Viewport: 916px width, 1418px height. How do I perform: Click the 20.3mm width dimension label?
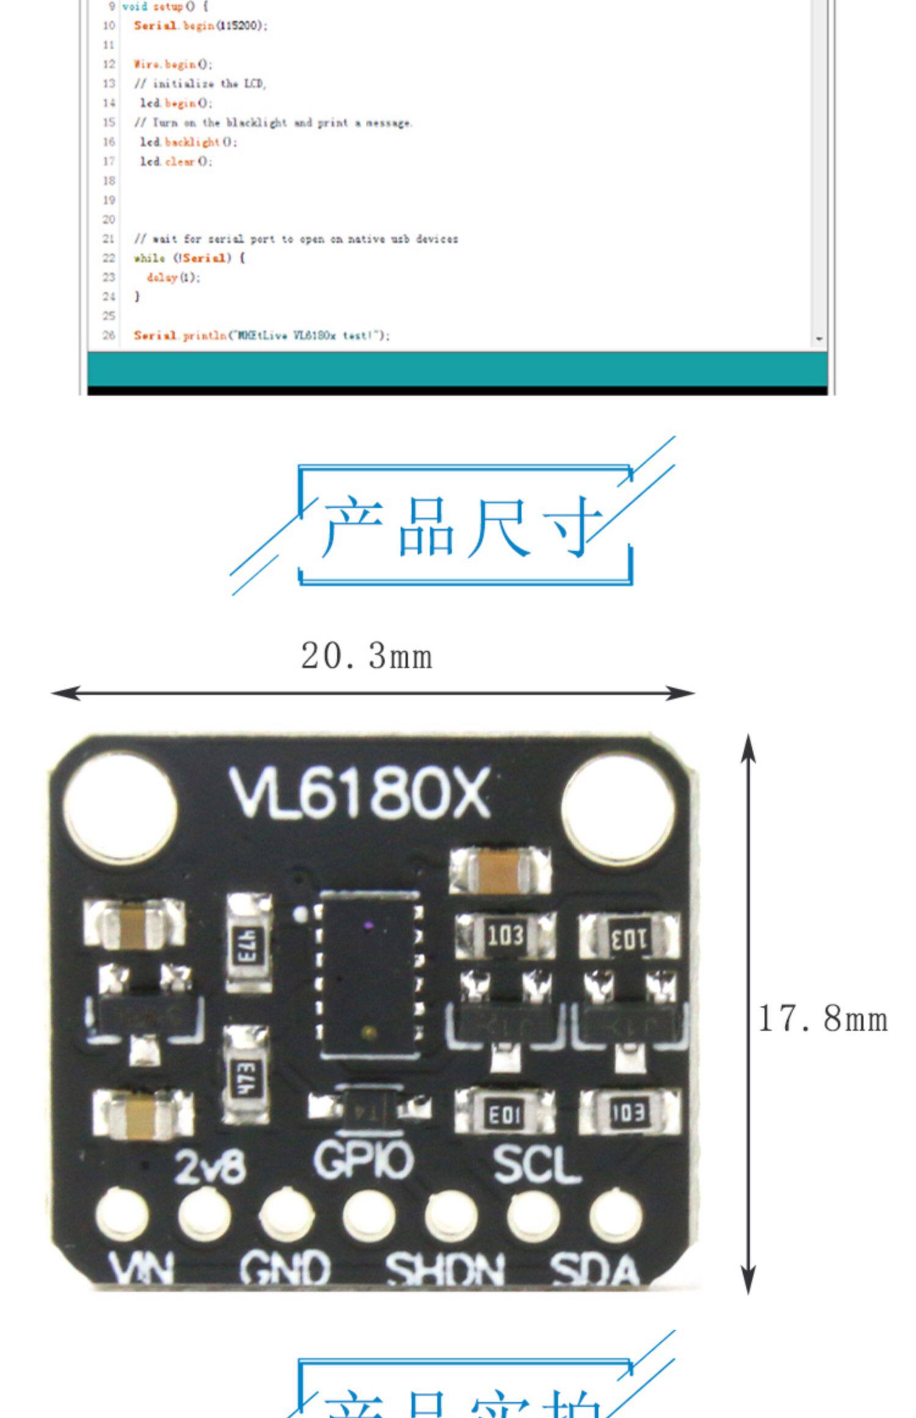click(x=366, y=656)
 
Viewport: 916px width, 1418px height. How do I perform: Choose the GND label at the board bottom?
click(x=285, y=1268)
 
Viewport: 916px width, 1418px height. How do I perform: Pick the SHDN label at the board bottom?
click(x=445, y=1270)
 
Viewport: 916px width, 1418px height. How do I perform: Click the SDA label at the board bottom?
click(x=595, y=1270)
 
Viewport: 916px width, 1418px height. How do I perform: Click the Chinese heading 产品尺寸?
click(x=463, y=525)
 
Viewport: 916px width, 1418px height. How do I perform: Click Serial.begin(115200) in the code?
click(x=200, y=26)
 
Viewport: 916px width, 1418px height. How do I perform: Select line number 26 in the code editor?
click(x=109, y=335)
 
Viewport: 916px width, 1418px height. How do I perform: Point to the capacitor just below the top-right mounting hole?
click(x=500, y=871)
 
